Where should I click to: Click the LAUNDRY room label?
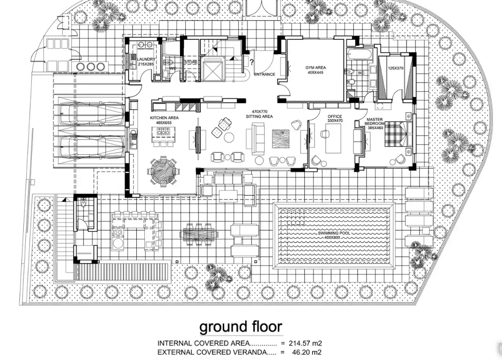point(146,59)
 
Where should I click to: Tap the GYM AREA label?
point(316,67)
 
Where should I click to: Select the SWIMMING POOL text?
point(334,233)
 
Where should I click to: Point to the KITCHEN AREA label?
point(164,118)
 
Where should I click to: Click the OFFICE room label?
point(335,116)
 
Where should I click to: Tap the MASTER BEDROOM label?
point(375,122)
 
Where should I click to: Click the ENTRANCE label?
point(265,74)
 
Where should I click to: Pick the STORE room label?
point(191,62)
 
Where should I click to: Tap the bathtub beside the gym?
point(360,55)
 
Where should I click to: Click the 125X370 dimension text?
point(396,68)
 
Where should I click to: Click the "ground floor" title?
point(241,327)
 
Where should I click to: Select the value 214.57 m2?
point(305,343)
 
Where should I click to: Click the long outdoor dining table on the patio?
point(199,235)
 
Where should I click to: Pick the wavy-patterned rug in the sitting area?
point(281,139)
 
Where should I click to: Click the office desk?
point(333,138)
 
